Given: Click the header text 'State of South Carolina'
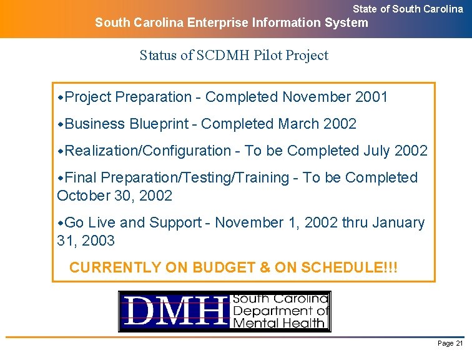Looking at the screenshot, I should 408,9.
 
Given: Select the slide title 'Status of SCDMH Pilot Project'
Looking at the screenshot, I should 234,55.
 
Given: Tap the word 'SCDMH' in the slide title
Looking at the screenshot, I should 221,55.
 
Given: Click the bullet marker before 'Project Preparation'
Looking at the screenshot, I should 61,97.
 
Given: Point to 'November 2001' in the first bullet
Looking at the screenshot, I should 335,97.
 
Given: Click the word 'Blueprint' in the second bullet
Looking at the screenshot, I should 159,124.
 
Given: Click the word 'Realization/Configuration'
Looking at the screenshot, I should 148,151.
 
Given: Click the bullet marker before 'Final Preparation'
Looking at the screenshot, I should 61,178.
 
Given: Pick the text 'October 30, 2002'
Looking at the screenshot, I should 114,196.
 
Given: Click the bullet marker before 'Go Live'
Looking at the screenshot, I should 61,223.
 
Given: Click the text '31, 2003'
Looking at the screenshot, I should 86,240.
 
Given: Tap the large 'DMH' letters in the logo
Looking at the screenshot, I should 175,311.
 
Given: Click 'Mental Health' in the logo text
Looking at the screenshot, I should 278,322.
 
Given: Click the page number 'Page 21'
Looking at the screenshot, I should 450,344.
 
